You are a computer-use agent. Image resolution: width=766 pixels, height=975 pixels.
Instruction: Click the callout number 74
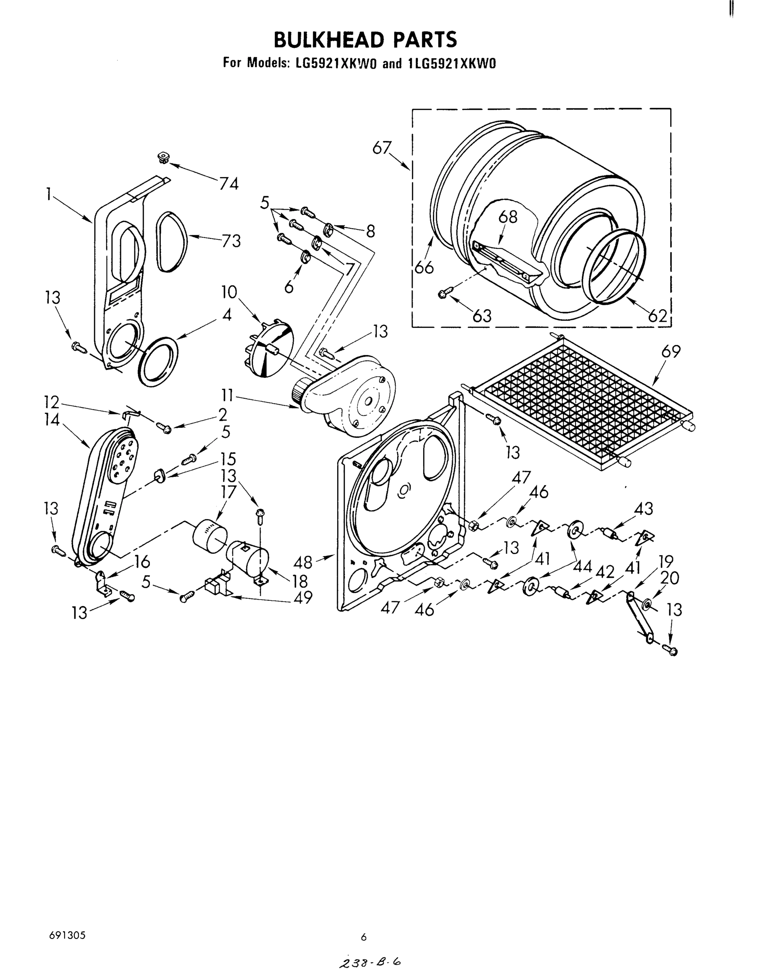click(229, 184)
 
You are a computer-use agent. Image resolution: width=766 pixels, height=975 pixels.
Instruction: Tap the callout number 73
click(231, 241)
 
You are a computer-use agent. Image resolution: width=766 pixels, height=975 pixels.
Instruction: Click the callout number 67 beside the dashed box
click(382, 148)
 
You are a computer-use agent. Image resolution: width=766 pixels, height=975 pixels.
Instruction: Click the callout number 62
click(658, 316)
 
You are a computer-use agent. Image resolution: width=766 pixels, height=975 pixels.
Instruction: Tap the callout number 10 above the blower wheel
click(229, 292)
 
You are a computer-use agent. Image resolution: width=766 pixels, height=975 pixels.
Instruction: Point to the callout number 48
click(303, 562)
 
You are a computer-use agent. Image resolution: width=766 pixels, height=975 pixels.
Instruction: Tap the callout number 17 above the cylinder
click(228, 492)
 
